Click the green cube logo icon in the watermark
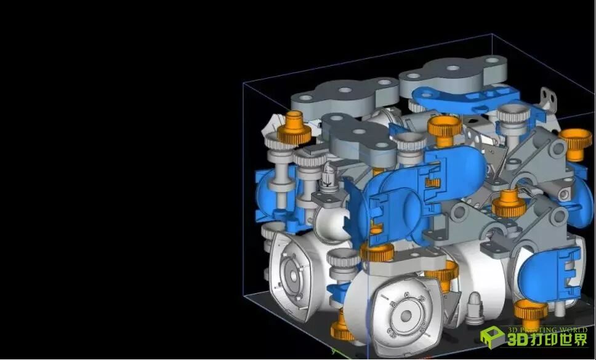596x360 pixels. pyautogui.click(x=492, y=337)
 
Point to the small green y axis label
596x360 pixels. pyautogui.click(x=333, y=351)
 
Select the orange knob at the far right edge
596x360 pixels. pyautogui.click(x=576, y=144)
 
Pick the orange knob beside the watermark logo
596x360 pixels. pyautogui.click(x=531, y=313)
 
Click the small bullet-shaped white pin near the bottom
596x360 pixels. pyautogui.click(x=475, y=308)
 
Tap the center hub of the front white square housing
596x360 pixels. pyautogui.click(x=406, y=315)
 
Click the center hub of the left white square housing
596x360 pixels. pyautogui.click(x=293, y=275)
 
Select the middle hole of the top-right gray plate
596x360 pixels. pyautogui.click(x=453, y=68)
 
